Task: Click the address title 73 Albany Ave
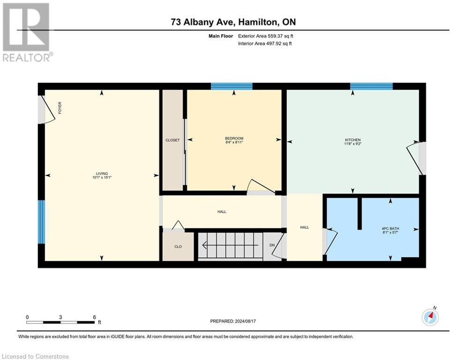coord(233,22)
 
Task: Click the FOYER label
coord(59,108)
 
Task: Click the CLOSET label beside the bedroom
coord(172,140)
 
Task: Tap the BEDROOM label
coord(234,140)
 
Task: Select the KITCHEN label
coord(353,142)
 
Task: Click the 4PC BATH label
coord(390,230)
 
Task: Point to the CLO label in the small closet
coord(178,247)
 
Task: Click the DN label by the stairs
coord(272,245)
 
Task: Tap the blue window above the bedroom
coord(231,86)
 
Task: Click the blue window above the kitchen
coord(371,86)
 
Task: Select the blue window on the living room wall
coord(41,222)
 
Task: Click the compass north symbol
coord(430,317)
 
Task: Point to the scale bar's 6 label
coord(95,317)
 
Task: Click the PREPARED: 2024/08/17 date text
coord(233,321)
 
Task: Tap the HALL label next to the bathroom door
coord(304,227)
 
